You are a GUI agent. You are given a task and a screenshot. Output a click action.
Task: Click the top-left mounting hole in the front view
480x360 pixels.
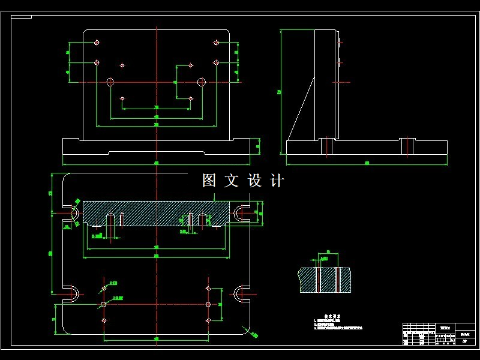point(97,43)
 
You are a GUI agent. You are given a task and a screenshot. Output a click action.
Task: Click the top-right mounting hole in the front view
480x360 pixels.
point(216,43)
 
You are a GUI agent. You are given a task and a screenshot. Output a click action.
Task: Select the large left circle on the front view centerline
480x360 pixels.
point(110,82)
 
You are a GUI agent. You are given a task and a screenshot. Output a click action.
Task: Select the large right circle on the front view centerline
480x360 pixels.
point(202,82)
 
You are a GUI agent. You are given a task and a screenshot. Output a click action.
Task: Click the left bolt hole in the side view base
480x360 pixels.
point(326,146)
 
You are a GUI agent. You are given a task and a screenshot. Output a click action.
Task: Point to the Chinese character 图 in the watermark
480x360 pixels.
point(209,181)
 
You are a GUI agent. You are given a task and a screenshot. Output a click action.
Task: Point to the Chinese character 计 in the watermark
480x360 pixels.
point(277,181)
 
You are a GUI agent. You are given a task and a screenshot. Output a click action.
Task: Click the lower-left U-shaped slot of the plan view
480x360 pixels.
point(72,293)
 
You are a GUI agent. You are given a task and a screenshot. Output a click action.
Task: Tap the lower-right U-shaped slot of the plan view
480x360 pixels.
point(240,293)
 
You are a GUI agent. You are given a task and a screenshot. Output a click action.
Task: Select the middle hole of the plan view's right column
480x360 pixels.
point(208,305)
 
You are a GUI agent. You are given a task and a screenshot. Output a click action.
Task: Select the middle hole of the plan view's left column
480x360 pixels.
point(104,305)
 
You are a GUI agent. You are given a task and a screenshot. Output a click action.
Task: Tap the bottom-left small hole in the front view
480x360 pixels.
point(122,98)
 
